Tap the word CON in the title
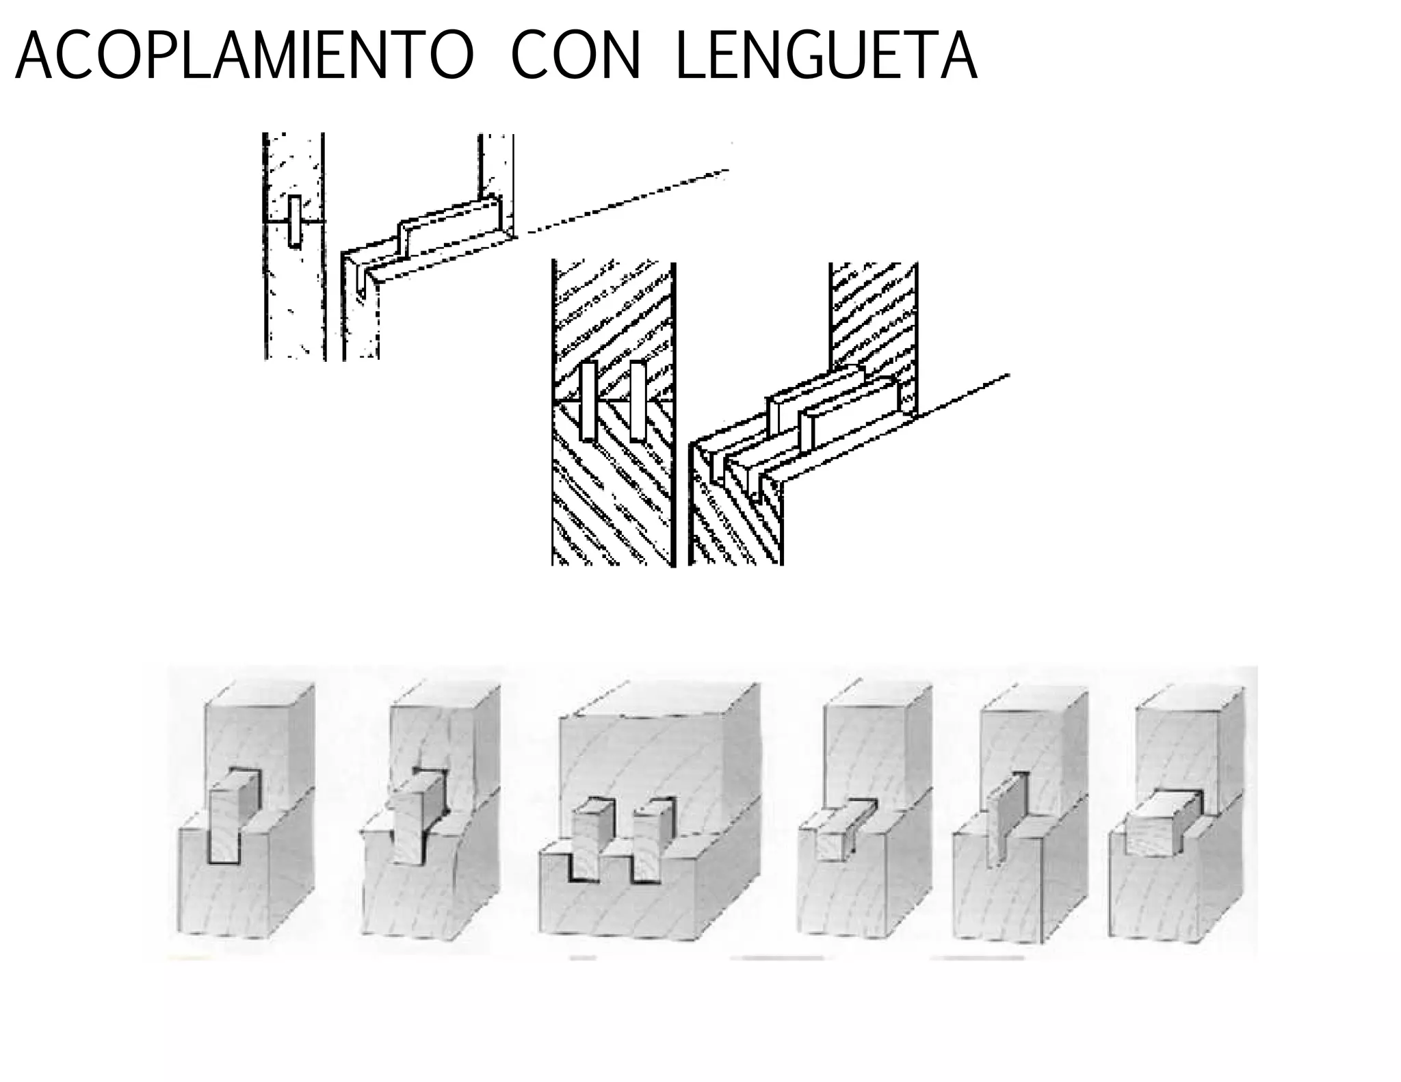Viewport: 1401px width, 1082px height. [x=575, y=56]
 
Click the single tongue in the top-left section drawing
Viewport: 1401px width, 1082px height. [x=294, y=221]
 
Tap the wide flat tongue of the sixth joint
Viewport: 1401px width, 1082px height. [x=1156, y=828]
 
